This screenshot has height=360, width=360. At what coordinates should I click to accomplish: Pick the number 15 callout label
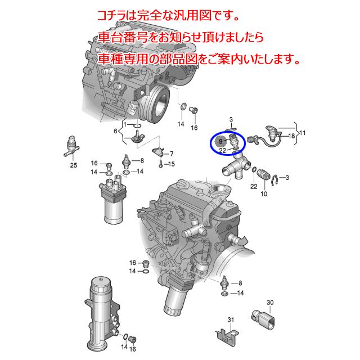[x=172, y=164]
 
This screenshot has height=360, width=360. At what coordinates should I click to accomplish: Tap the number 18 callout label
[x=291, y=136]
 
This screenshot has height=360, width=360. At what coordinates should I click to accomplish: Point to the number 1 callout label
[x=128, y=124]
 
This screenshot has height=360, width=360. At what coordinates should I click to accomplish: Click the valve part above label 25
[x=72, y=146]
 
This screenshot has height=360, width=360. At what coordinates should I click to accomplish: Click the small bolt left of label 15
[x=160, y=164]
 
